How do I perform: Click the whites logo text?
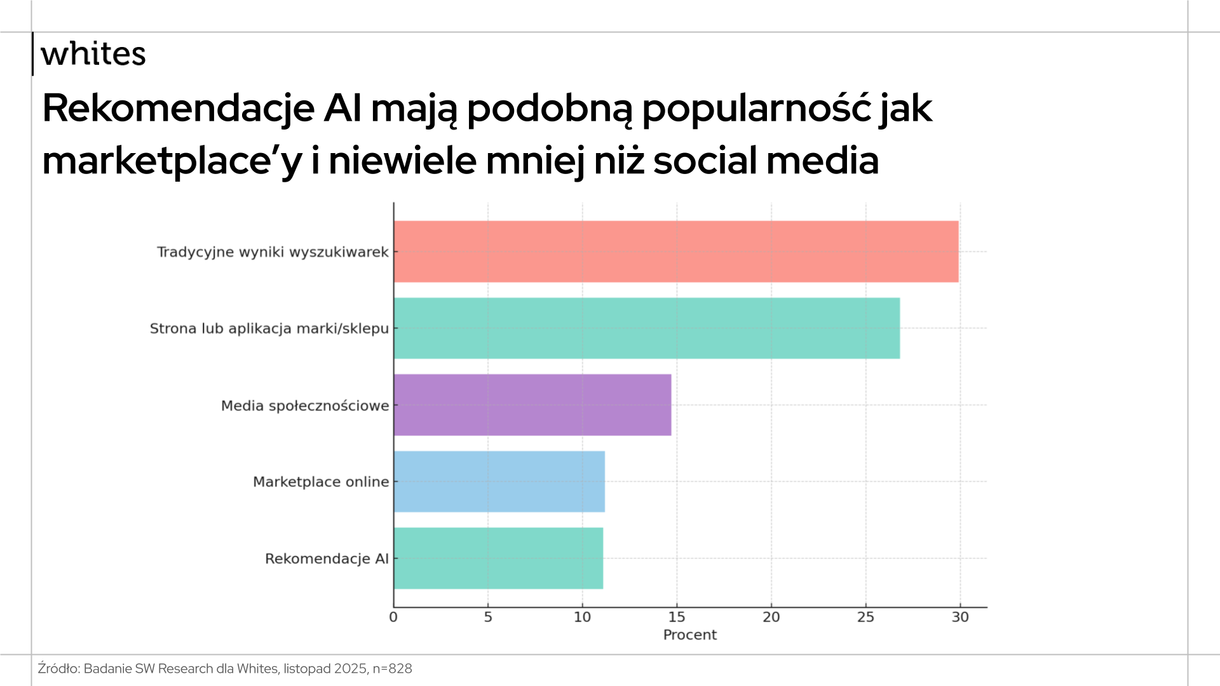click(x=93, y=54)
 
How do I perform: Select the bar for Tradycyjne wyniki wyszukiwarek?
click(x=675, y=252)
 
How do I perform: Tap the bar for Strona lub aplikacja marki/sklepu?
click(x=646, y=328)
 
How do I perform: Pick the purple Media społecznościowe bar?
click(x=532, y=405)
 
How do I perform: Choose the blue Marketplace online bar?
click(x=499, y=481)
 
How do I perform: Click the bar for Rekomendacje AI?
click(x=498, y=558)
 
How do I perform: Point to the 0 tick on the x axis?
click(x=393, y=617)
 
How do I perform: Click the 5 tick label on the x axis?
click(x=488, y=617)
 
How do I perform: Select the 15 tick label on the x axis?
click(x=677, y=617)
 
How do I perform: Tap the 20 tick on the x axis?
click(x=771, y=617)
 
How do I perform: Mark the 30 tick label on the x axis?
click(x=960, y=617)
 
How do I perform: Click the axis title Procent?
click(x=689, y=635)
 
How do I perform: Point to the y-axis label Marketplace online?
click(x=321, y=482)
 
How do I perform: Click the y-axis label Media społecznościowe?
click(x=305, y=406)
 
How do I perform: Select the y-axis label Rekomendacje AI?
click(x=327, y=559)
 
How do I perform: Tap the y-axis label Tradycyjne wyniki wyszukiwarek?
click(x=273, y=252)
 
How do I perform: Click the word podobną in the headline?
click(x=550, y=109)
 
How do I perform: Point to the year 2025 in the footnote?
click(x=350, y=669)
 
